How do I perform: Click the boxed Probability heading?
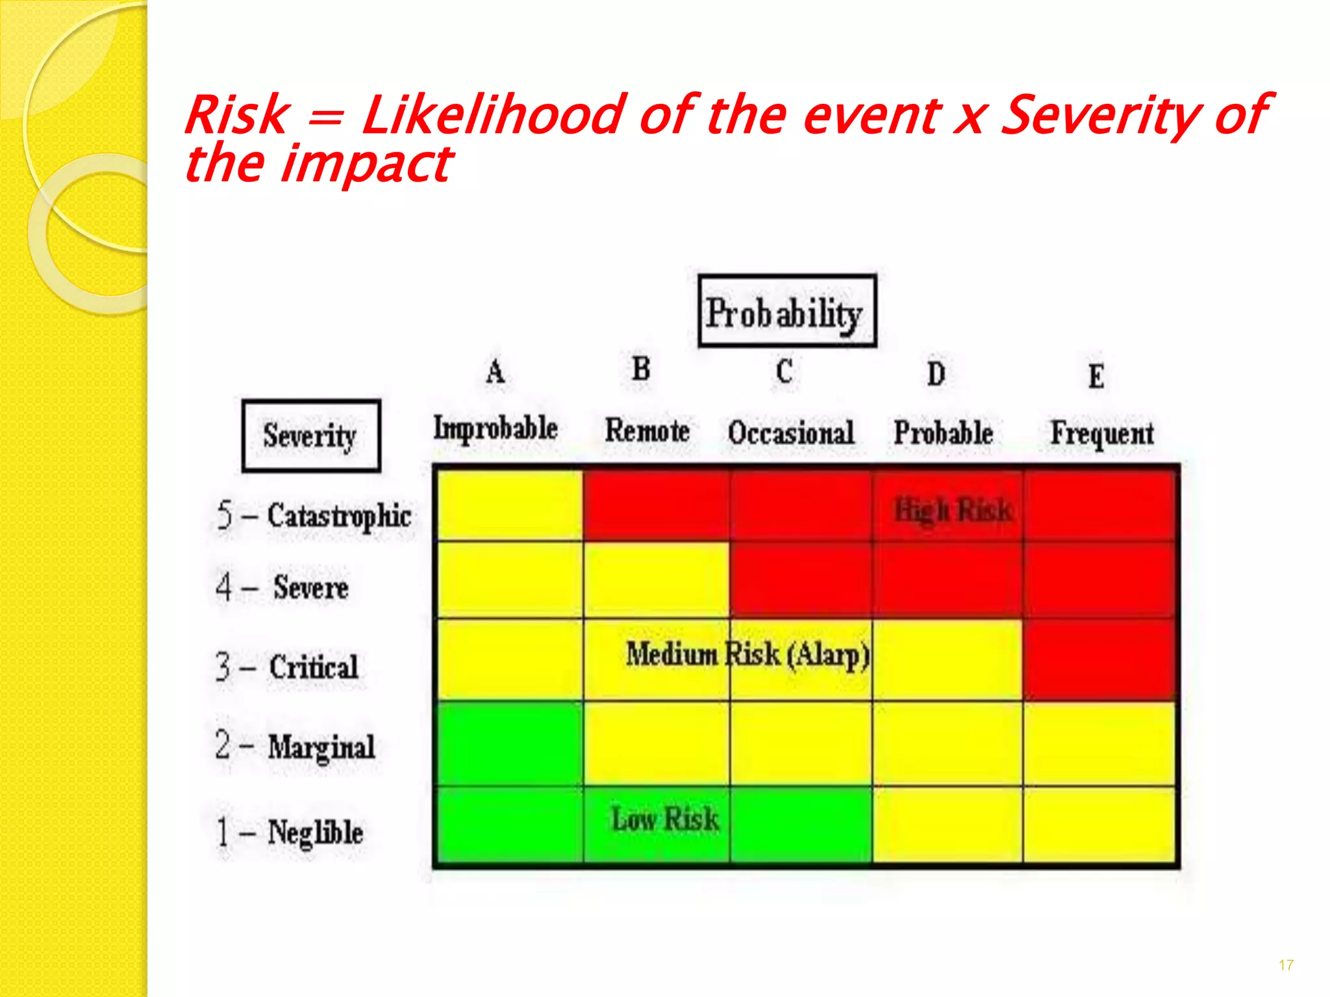786,312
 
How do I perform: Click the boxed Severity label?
310,436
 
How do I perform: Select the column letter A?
495,372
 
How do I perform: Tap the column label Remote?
647,430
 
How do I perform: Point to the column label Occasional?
790,433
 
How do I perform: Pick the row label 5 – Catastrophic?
314,517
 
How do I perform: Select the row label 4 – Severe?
282,587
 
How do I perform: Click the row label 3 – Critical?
287,667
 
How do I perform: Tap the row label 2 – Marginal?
295,746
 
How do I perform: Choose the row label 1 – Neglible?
290,832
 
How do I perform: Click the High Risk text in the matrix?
953,510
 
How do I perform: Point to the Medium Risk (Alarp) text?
747,654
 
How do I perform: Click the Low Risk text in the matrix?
665,819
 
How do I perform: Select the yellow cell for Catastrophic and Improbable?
510,506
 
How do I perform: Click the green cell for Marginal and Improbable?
510,744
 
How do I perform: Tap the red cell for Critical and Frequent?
1099,659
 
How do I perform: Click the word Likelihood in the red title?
494,116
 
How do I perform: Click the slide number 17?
1285,965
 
